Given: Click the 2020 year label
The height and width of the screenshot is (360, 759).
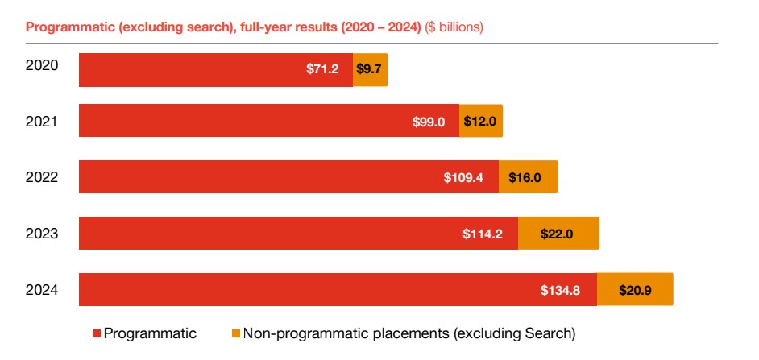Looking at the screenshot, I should (x=42, y=65).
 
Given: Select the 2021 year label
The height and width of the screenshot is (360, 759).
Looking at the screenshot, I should (x=42, y=122).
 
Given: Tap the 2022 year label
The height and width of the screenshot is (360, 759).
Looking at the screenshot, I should (x=42, y=177).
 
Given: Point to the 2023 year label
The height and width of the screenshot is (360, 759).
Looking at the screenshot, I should (x=42, y=234).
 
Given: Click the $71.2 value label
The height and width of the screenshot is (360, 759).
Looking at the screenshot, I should (x=323, y=70).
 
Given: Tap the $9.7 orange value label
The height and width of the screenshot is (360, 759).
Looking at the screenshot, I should (x=370, y=70).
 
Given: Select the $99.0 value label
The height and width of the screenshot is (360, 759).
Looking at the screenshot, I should (x=429, y=121).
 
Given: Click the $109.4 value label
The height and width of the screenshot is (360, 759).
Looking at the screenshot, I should (x=463, y=177).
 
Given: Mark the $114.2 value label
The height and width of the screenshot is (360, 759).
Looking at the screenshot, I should (x=483, y=234).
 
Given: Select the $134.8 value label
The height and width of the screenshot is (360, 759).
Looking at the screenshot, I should (x=560, y=290).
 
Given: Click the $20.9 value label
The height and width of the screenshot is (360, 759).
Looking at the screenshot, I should (x=635, y=290).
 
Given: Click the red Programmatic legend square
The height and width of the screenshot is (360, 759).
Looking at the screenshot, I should (x=97, y=333).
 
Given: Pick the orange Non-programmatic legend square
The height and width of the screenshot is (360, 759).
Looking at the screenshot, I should (x=236, y=333).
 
